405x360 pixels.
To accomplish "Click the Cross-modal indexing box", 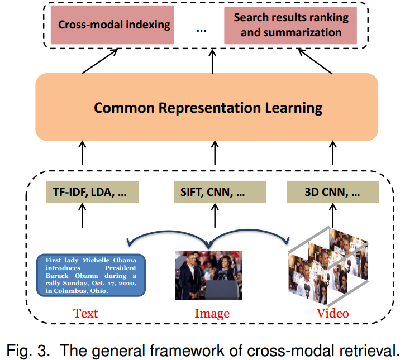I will click(x=115, y=26).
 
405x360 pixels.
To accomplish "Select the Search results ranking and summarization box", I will click(x=290, y=26).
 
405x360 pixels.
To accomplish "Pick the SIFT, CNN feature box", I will click(x=212, y=193).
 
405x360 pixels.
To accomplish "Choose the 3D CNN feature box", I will click(x=332, y=193).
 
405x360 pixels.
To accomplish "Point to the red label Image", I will click(x=212, y=313).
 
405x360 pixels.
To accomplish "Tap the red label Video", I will click(x=332, y=313).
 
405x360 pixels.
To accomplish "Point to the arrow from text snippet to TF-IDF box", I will click(x=82, y=215).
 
